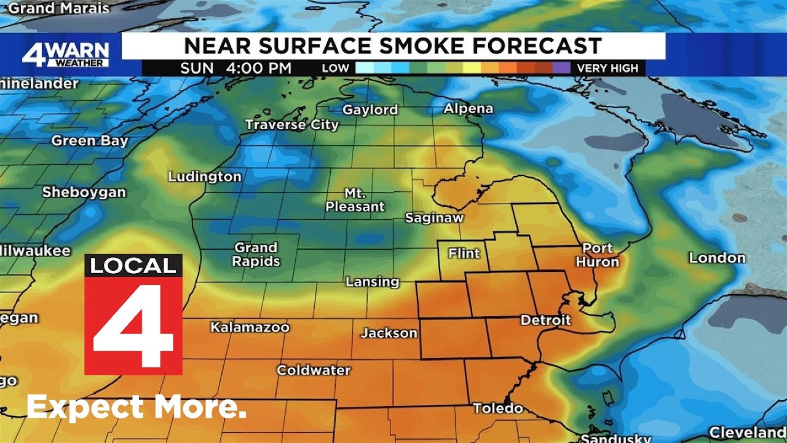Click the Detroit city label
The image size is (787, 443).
click(x=545, y=320)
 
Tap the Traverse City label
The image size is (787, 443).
click(x=291, y=125)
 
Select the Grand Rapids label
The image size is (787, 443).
click(x=256, y=254)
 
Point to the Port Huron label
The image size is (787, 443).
click(x=598, y=255)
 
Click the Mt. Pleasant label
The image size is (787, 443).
click(x=355, y=200)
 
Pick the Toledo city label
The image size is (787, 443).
click(x=498, y=409)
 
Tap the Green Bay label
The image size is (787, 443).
click(x=89, y=141)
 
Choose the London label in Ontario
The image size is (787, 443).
click(x=717, y=258)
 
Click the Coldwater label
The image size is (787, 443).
click(x=313, y=370)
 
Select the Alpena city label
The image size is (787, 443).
click(x=468, y=109)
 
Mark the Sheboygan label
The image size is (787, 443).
click(x=84, y=192)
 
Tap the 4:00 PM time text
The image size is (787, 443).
click(x=258, y=68)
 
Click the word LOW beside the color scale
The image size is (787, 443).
click(x=335, y=68)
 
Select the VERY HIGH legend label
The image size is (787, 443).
click(x=607, y=68)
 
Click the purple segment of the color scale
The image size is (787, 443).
click(x=561, y=68)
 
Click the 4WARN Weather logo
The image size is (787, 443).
click(x=65, y=55)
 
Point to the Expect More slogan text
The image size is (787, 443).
click(x=136, y=407)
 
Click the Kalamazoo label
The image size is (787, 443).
click(x=250, y=327)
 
